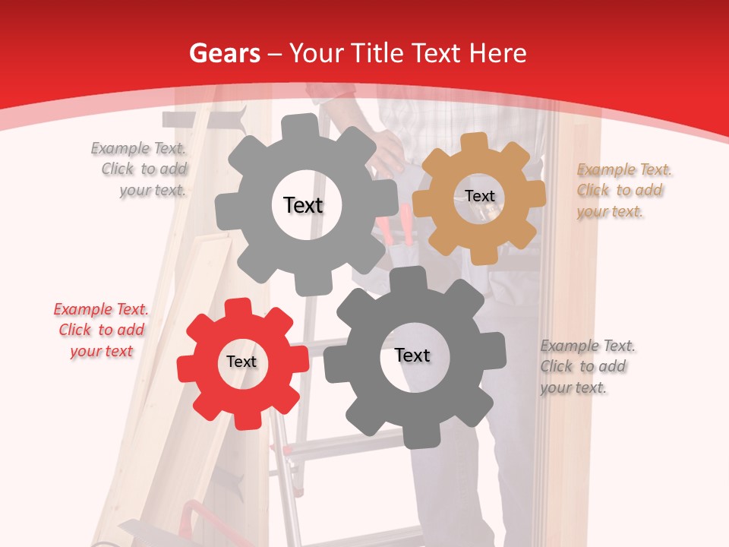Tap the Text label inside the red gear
point(241,362)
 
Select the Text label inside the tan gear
point(480,196)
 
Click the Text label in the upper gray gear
point(303,205)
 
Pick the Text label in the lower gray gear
point(412,355)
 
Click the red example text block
point(101,330)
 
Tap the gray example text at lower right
point(588,366)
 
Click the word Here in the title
point(498,53)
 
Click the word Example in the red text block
point(81,309)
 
